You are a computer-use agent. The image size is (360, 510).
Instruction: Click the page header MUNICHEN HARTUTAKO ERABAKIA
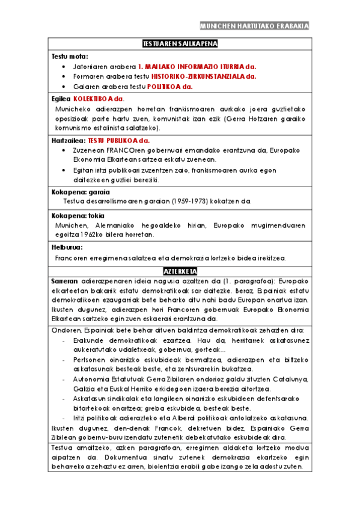pos(254,26)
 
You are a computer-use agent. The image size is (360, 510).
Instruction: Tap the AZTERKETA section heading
pos(180,271)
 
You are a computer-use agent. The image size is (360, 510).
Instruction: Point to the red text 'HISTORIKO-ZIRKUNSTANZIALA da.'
pos(203,76)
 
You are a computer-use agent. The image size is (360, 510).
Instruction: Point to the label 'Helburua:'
pos(67,247)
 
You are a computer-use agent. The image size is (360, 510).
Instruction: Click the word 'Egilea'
pos(61,98)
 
